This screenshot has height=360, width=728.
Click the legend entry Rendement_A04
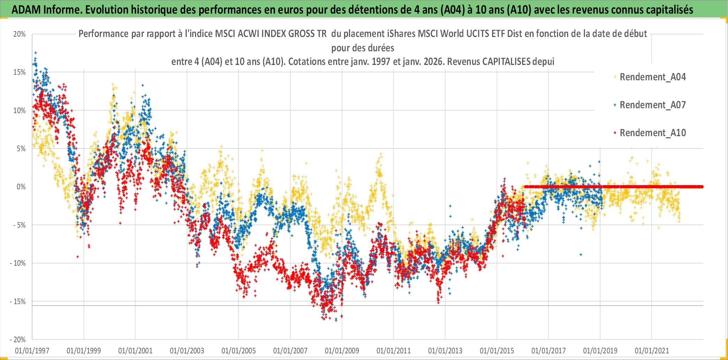(652, 77)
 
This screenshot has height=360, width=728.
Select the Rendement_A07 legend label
(652, 105)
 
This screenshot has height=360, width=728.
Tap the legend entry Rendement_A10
(652, 133)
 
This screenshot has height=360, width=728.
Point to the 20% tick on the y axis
(20, 34)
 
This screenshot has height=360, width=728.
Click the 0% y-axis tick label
(21, 187)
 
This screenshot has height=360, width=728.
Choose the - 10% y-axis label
(18, 263)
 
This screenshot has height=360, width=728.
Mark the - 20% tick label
(18, 339)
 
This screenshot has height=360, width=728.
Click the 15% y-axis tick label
(20, 72)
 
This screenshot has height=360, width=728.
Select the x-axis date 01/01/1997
(32, 351)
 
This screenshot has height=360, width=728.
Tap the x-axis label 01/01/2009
(342, 351)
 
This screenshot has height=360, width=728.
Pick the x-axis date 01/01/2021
(652, 351)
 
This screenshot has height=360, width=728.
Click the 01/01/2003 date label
(187, 351)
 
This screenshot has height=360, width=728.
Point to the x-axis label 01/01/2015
(497, 351)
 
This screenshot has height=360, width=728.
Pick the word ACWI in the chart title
(248, 34)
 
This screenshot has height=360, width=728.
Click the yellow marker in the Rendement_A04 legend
(615, 77)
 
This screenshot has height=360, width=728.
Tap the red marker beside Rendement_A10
(615, 133)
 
